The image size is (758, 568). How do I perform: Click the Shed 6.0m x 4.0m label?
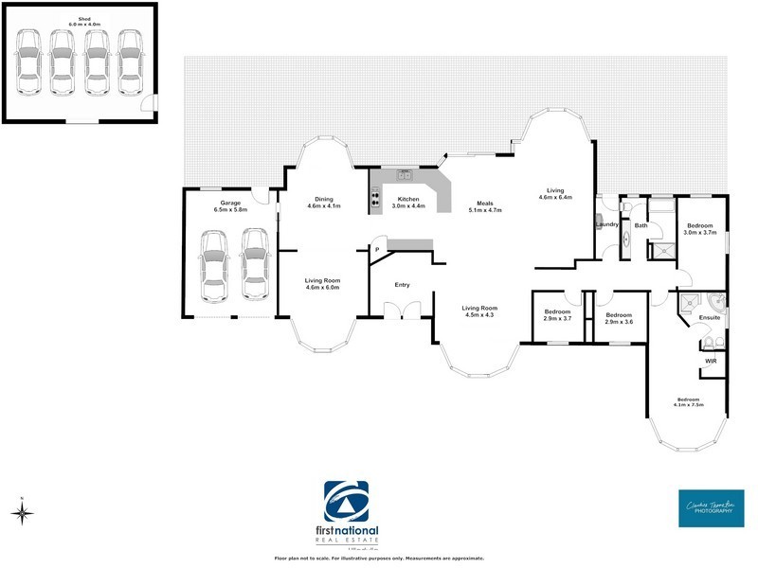[x=77, y=21]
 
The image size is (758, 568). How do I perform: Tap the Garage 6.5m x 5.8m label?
[x=229, y=206]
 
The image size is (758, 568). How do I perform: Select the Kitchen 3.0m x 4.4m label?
[x=408, y=203]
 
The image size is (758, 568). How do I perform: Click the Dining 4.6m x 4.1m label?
[x=324, y=203]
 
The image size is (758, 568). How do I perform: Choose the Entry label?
[x=403, y=284]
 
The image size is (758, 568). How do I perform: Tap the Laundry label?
[x=606, y=225]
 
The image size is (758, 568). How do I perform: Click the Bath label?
[x=641, y=225]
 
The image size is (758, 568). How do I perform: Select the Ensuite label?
[x=712, y=318]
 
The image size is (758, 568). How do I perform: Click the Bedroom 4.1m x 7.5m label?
[x=689, y=401]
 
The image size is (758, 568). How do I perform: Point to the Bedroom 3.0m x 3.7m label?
[x=701, y=229]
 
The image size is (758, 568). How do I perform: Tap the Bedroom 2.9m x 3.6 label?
[x=619, y=318]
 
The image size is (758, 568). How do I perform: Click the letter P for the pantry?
[x=377, y=250]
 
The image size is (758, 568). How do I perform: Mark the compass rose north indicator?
[x=23, y=512]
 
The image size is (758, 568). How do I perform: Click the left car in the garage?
[x=215, y=268]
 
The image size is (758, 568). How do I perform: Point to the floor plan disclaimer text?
[x=379, y=559]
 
